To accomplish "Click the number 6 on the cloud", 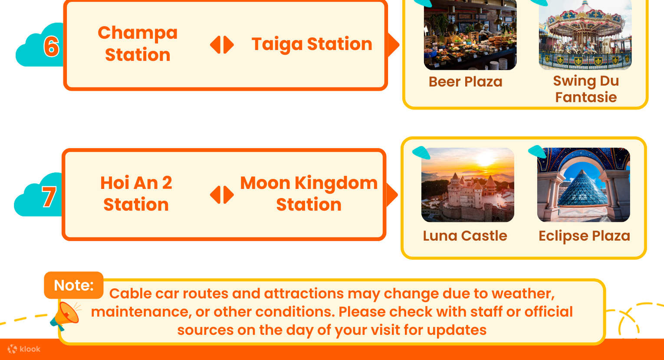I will point(51,46).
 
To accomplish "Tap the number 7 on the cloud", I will point(49,196).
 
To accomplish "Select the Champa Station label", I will point(138,44).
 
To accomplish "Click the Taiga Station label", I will point(312,44).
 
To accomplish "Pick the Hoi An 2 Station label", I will point(136,194).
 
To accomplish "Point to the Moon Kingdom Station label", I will point(309,194).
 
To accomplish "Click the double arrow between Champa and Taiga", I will point(222,45).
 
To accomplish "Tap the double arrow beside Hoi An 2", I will point(222,195).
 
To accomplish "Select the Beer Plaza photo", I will point(470,35).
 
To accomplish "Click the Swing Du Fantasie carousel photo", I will point(585,35).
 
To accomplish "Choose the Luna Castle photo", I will point(467,185).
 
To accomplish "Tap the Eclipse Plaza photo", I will point(583,185).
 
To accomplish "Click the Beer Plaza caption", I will point(465,82).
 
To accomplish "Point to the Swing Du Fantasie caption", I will point(586,89).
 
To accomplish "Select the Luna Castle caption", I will point(465,236).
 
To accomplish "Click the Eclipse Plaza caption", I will point(584,236).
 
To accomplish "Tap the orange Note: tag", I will point(74,285).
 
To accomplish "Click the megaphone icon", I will point(65,316).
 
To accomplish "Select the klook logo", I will point(24,349).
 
